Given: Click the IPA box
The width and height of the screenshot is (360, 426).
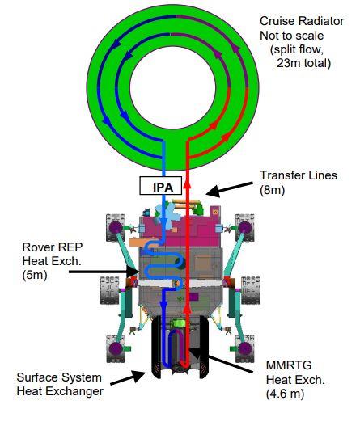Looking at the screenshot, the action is point(161,186).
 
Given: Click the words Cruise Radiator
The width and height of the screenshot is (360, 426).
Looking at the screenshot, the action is point(302,21).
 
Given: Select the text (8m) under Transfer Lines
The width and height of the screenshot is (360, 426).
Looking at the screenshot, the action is point(273,190).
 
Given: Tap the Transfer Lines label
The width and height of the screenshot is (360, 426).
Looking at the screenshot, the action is point(299,175).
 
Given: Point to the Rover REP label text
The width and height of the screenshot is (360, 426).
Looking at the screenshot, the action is point(53,247).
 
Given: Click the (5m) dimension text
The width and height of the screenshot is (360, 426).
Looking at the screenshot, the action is point(35,275).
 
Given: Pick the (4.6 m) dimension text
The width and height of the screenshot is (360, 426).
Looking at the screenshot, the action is point(285,394).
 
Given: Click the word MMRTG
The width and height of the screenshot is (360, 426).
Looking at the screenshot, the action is point(289,365).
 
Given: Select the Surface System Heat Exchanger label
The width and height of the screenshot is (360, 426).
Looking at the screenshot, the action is point(60,384).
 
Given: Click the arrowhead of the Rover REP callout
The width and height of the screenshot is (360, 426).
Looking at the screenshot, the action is point(133,271).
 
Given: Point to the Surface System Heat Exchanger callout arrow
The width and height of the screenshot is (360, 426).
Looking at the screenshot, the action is point(128,378).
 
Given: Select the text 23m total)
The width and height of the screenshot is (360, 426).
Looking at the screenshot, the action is point(303,63).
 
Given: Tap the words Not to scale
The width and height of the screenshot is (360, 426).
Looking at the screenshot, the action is point(292,36).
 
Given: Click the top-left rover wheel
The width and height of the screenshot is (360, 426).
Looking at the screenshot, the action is point(116,228).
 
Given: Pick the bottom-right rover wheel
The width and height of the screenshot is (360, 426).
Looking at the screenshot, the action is point(244,348).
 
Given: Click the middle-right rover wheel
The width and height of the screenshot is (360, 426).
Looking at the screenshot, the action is point(251,290).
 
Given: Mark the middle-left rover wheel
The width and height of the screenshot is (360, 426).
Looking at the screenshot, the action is point(110,290).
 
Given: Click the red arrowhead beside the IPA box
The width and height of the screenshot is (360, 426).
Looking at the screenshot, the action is point(187,184).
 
